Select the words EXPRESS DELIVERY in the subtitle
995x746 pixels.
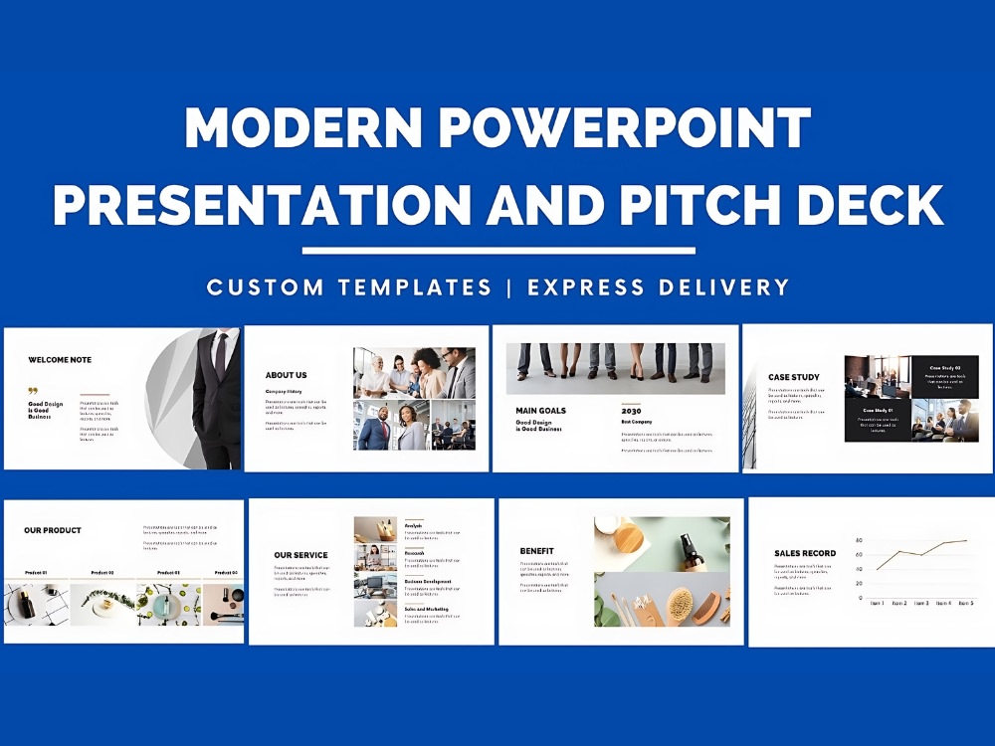(x=659, y=287)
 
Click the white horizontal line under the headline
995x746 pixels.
(x=498, y=251)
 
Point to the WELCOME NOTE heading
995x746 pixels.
(x=60, y=360)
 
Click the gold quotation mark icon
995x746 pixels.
(x=33, y=391)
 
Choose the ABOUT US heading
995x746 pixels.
(x=286, y=375)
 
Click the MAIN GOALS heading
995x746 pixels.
(x=540, y=410)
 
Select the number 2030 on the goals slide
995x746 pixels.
(x=631, y=410)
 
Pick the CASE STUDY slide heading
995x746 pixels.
(x=794, y=377)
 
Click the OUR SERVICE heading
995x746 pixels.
(x=300, y=555)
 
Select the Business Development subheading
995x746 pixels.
(x=428, y=581)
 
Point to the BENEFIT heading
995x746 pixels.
(x=536, y=551)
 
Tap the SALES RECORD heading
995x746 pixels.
(x=805, y=553)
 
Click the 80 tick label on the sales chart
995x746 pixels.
(x=859, y=540)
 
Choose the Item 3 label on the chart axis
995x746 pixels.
(x=921, y=603)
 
